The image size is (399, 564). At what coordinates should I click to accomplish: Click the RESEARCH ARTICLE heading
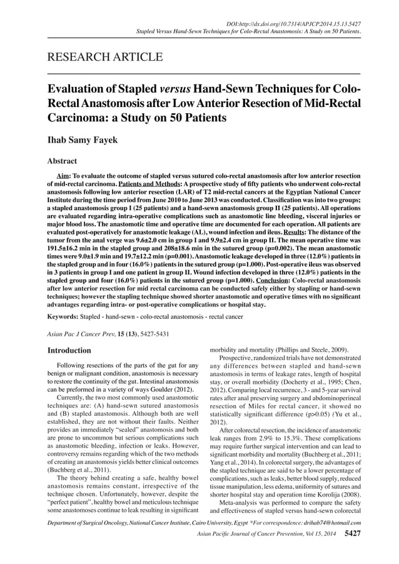(x=105, y=58)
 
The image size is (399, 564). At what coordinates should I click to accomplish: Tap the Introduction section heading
(x=69, y=351)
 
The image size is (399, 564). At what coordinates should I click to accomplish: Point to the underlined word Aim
(x=63, y=176)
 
